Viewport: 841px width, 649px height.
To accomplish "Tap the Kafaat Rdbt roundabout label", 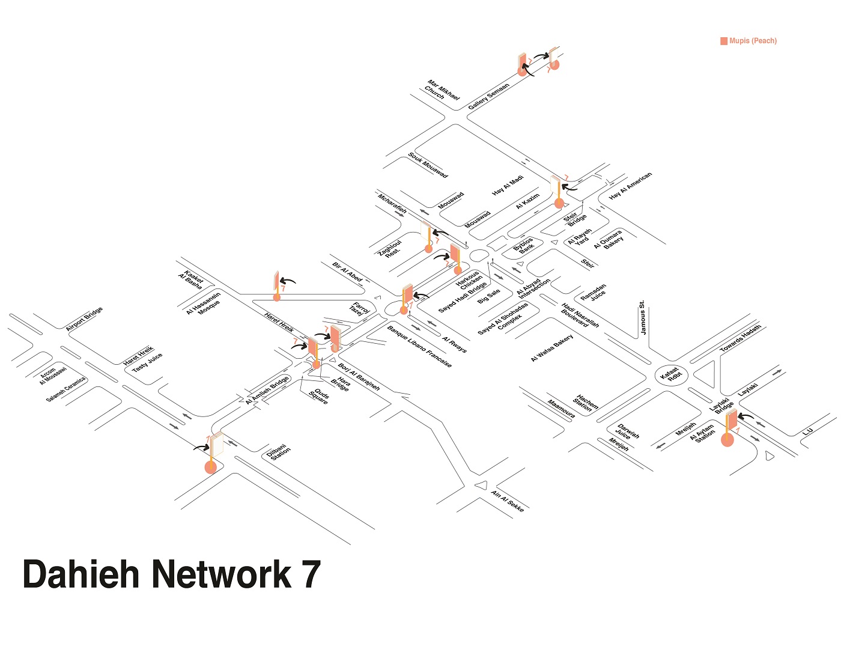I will pos(672,375).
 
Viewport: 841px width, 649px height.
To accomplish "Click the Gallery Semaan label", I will pos(488,96).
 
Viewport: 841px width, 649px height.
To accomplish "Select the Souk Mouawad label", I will pos(427,165).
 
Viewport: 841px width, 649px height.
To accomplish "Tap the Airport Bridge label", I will pos(84,318).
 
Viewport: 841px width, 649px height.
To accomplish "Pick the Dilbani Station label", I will pos(279,452).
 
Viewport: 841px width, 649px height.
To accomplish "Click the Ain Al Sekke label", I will pos(508,501).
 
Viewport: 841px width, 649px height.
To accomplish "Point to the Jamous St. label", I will pos(642,317).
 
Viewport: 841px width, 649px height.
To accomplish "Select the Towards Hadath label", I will pos(740,338).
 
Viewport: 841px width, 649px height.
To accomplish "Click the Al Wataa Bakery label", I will pos(552,348).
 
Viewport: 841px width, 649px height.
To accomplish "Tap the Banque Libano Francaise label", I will pos(419,347).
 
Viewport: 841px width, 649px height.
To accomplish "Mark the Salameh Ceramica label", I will pos(65,390).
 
